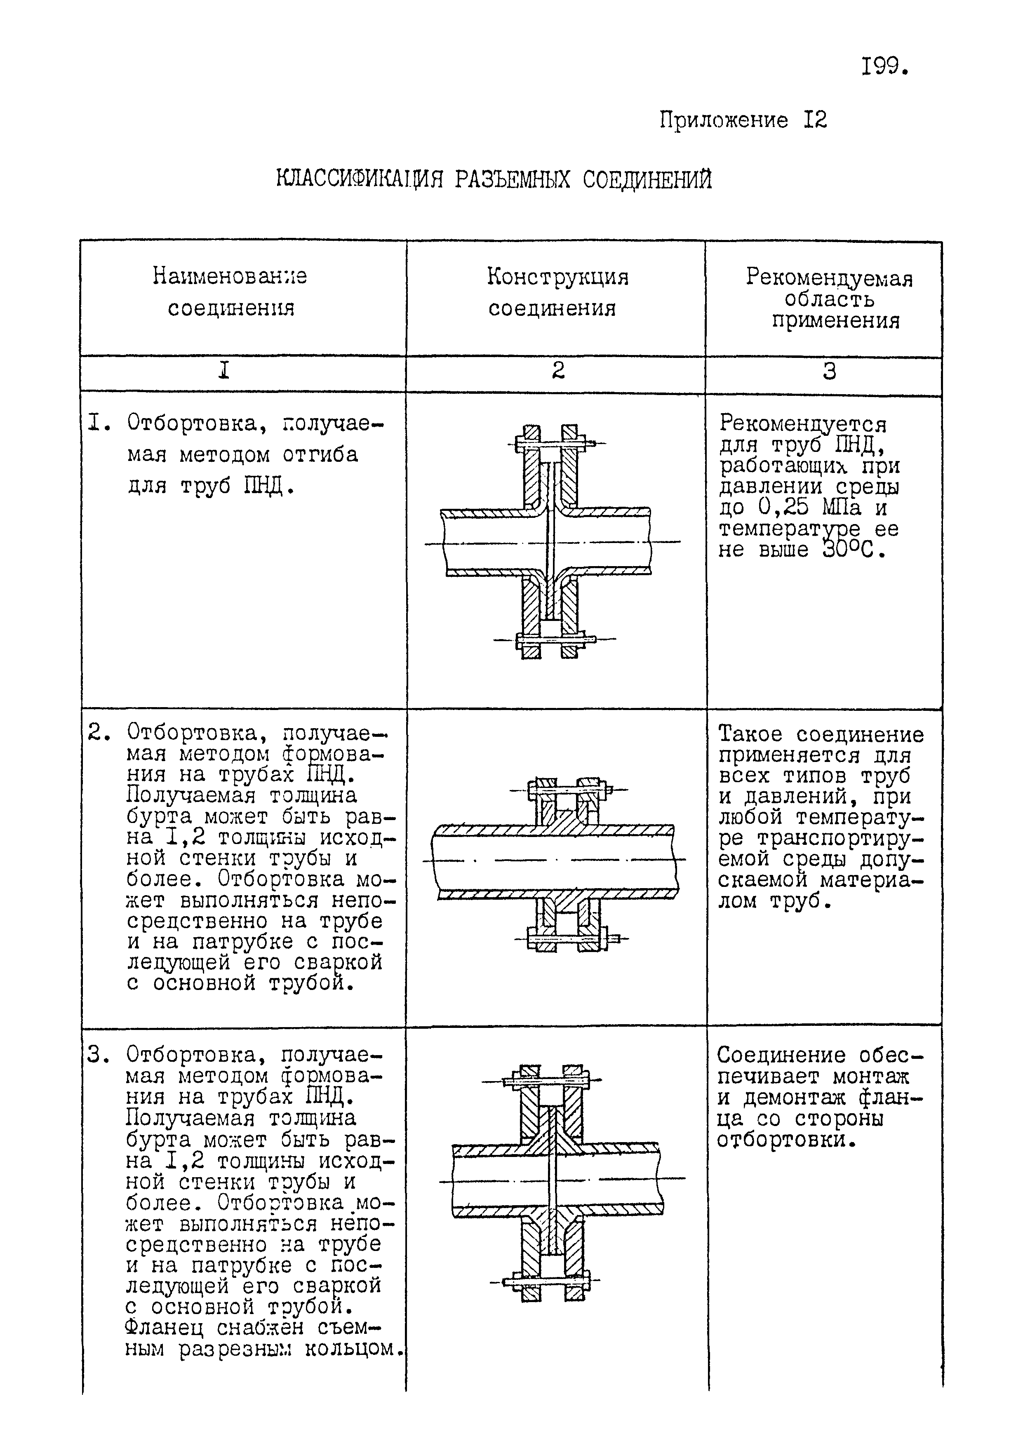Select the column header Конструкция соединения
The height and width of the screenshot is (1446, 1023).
(x=556, y=292)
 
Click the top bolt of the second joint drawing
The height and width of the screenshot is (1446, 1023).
(x=567, y=789)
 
